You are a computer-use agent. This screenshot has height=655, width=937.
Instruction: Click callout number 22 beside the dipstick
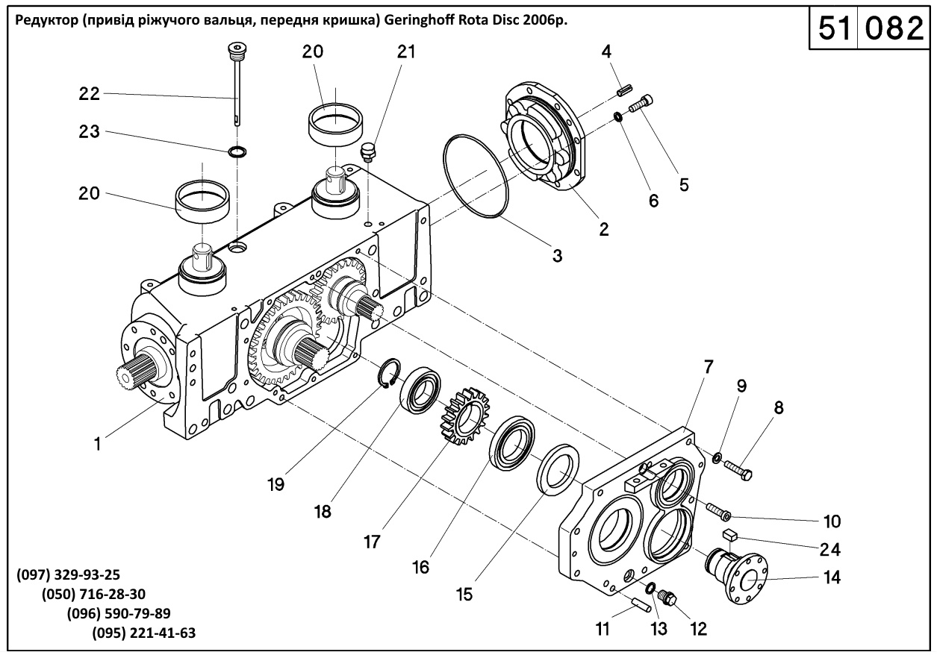(x=90, y=94)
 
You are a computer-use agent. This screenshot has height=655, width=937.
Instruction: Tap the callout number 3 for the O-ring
(x=557, y=255)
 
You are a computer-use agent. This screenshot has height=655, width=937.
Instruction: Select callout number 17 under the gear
(x=372, y=542)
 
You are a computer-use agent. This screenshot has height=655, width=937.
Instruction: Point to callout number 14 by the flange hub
(x=832, y=577)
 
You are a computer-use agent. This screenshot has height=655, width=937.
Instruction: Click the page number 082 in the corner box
(x=894, y=28)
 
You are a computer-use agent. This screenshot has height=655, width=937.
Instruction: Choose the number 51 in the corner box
(x=835, y=28)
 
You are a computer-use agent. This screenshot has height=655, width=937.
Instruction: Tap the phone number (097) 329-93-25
(x=68, y=575)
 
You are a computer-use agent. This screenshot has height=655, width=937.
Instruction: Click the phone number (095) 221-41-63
(x=144, y=633)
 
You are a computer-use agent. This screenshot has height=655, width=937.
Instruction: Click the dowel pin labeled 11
(x=640, y=605)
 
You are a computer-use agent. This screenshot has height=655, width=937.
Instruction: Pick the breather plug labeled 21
(x=368, y=152)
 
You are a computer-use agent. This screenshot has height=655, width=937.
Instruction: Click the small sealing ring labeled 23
(x=237, y=151)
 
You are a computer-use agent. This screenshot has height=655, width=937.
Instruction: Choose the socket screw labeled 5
(x=641, y=103)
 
